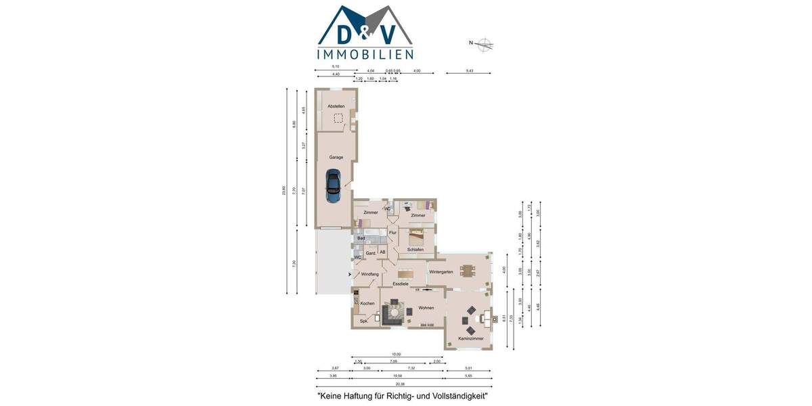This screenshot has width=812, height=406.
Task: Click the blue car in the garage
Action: [x=334, y=186]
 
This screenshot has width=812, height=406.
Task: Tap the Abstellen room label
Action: [x=336, y=106]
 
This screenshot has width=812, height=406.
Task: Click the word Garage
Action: [x=336, y=157]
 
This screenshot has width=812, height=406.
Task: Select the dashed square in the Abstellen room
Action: [x=338, y=118]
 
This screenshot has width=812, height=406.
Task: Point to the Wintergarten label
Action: [x=441, y=271]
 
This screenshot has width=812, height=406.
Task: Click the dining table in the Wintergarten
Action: [x=468, y=270]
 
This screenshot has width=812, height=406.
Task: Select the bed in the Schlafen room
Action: [x=415, y=237]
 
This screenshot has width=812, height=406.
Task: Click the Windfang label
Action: [x=369, y=274]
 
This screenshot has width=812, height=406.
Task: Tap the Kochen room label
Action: [x=367, y=303]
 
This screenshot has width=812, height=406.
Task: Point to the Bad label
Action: [x=361, y=238]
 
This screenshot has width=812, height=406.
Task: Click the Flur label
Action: [x=392, y=232]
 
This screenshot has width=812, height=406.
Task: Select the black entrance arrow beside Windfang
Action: [x=349, y=274]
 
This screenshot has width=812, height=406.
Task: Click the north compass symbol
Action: [x=484, y=45]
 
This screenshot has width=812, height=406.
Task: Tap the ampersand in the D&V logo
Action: [x=366, y=28]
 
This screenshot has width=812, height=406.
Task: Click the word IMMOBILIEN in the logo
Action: [x=365, y=54]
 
